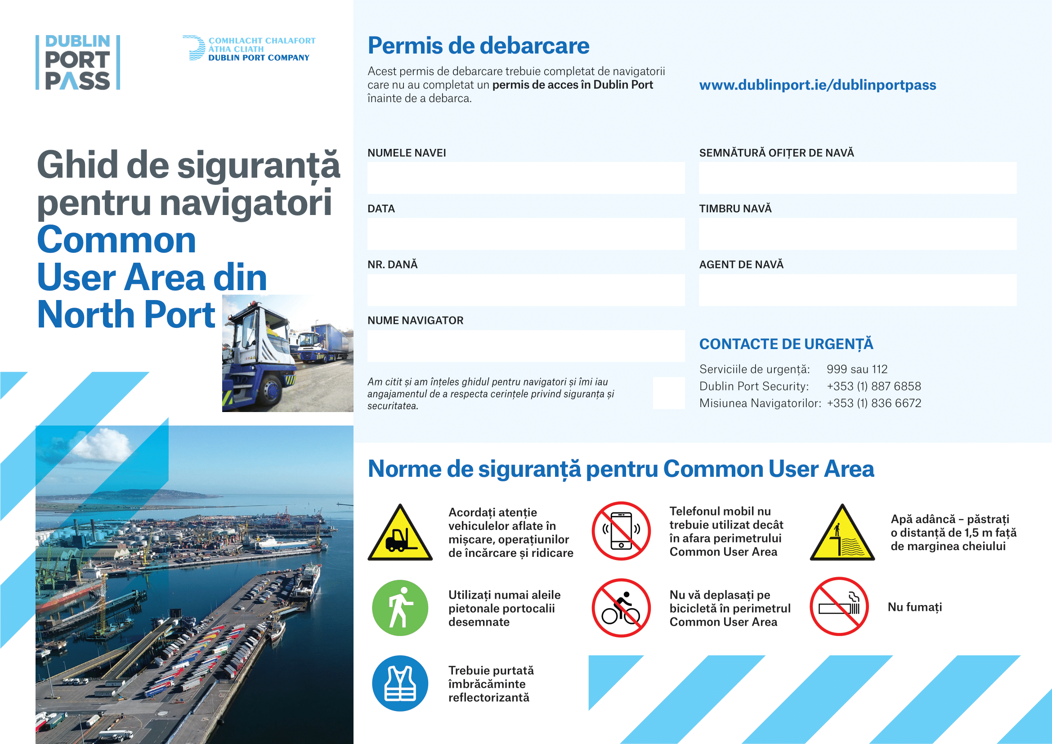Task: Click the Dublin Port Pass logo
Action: tap(78, 63)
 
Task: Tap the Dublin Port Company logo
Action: tap(249, 49)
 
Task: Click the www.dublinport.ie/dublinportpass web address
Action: tap(817, 85)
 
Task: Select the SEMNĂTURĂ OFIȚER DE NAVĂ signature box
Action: tap(857, 178)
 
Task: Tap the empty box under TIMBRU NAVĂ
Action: tap(857, 233)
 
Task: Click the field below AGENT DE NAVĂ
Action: tap(857, 290)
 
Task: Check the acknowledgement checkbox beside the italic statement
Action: tap(668, 393)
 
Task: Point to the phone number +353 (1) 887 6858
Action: tap(873, 386)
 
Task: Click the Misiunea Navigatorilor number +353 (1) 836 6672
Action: tap(873, 403)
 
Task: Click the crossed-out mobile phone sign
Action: tap(621, 531)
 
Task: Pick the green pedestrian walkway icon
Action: tap(400, 608)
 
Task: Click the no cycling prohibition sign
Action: tap(621, 608)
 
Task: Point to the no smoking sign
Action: tap(839, 606)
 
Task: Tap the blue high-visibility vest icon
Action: tap(400, 683)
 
